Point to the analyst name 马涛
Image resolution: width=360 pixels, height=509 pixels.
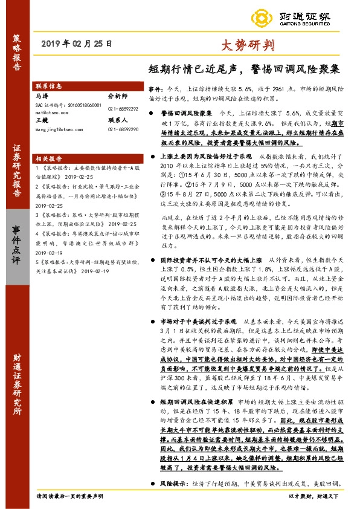pyautogui.click(x=41, y=96)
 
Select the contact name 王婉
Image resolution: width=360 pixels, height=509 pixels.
pyautogui.click(x=41, y=120)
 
